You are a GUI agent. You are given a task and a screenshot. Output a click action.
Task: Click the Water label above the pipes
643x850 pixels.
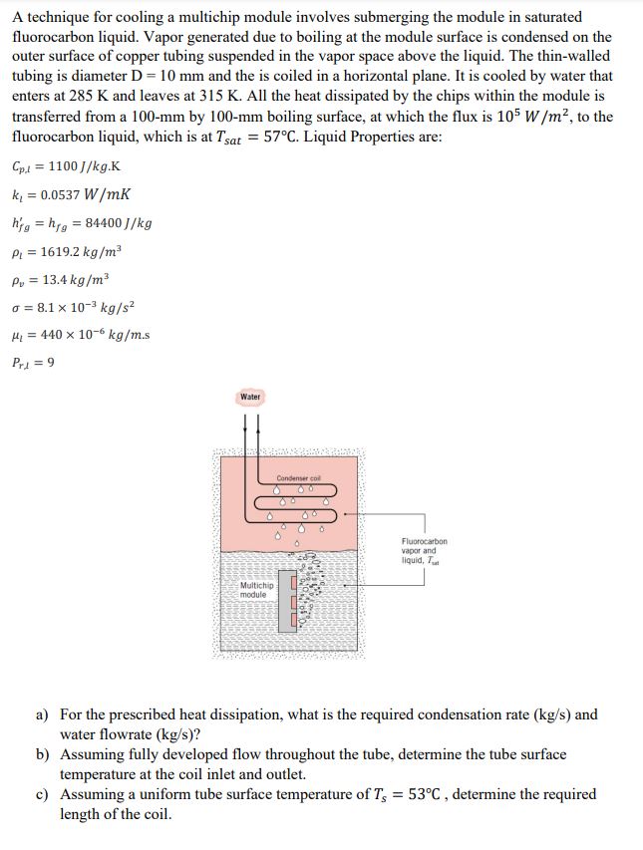(250, 397)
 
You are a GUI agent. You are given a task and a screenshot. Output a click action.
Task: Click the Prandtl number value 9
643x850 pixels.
(51, 362)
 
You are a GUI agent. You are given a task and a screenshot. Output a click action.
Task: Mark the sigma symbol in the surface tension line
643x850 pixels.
(19, 306)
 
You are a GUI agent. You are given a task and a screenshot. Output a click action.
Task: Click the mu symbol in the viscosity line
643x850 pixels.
(19, 334)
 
